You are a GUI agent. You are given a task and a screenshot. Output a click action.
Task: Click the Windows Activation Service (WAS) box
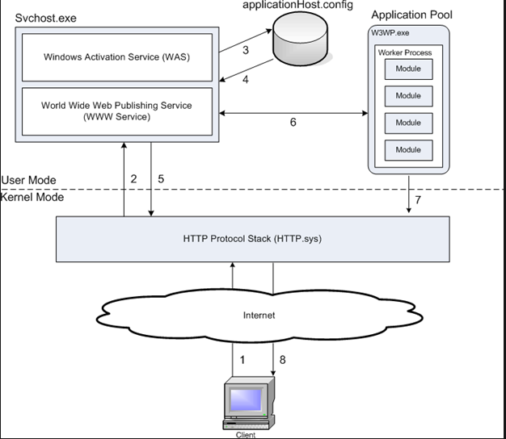pos(118,57)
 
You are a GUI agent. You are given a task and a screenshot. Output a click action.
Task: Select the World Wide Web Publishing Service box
pos(118,111)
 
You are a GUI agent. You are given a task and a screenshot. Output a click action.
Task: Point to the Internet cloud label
pos(259,314)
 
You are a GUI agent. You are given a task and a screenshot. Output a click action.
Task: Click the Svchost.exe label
pos(45,18)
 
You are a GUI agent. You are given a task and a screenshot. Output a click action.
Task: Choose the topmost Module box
pos(408,69)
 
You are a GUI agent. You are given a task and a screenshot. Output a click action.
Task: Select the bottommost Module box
pos(408,149)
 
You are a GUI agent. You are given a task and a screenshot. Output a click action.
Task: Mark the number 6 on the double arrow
pos(293,123)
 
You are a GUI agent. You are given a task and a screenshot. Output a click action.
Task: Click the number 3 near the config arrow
pos(246,49)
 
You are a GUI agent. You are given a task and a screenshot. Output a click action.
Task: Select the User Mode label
pos(29,180)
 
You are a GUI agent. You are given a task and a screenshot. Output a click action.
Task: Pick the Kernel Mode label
pos(32,198)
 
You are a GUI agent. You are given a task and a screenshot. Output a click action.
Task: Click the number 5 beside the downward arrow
pos(161,179)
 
